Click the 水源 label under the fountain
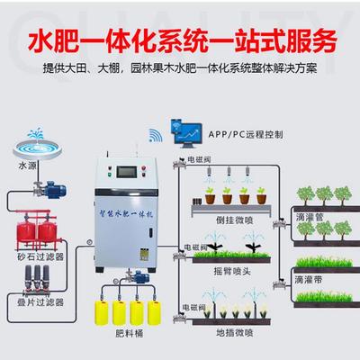coord(27,166)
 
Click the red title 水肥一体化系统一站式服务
coord(180,40)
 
